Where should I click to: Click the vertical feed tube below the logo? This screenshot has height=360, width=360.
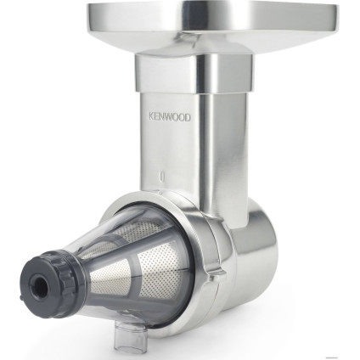click(183, 153)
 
